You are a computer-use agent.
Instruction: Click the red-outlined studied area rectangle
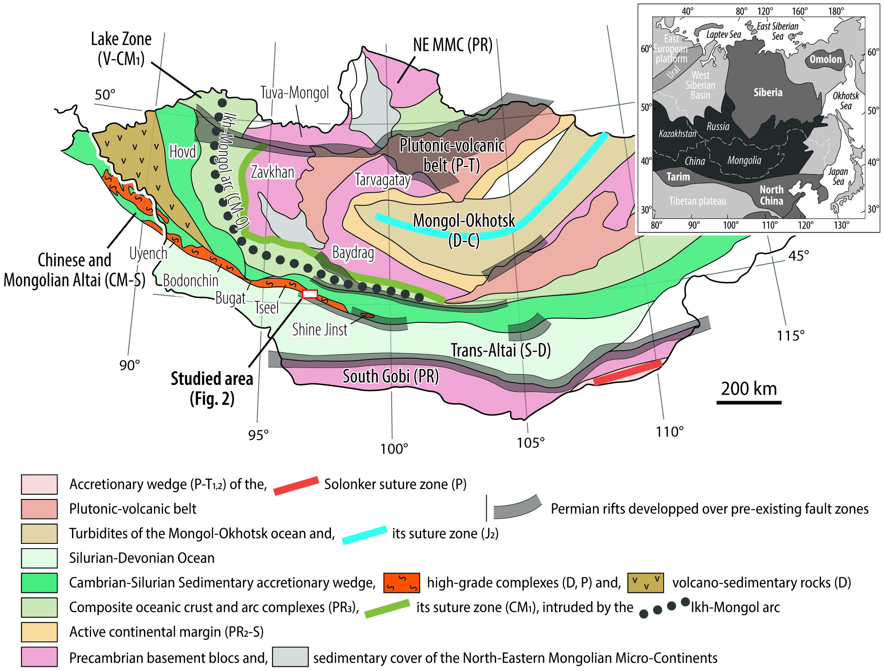pyautogui.click(x=310, y=294)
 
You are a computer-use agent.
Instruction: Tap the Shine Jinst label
pyautogui.click(x=320, y=330)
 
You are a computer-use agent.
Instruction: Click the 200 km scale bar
pyautogui.click(x=749, y=402)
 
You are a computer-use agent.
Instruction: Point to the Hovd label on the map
pyautogui.click(x=183, y=152)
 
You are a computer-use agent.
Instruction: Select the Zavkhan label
pyautogui.click(x=272, y=172)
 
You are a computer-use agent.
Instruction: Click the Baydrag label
pyautogui.click(x=353, y=252)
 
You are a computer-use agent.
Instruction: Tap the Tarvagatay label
pyautogui.click(x=383, y=179)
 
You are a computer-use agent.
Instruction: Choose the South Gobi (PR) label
pyautogui.click(x=390, y=376)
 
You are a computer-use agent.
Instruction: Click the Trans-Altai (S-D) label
pyautogui.click(x=501, y=350)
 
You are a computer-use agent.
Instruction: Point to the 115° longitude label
pyautogui.click(x=790, y=335)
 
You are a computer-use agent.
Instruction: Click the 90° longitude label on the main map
pyautogui.click(x=130, y=365)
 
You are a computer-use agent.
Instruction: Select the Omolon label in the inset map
pyautogui.click(x=825, y=59)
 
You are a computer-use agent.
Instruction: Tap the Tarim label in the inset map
pyautogui.click(x=678, y=177)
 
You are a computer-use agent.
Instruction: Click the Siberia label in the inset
pyautogui.click(x=768, y=92)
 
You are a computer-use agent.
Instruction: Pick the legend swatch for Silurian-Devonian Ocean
pyautogui.click(x=39, y=558)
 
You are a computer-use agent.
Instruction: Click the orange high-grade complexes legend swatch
pyautogui.click(x=401, y=583)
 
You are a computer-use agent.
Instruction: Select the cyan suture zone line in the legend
pyautogui.click(x=364, y=535)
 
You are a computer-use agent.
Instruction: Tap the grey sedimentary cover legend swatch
pyautogui.click(x=290, y=657)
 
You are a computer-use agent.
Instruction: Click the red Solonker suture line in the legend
pyautogui.click(x=296, y=486)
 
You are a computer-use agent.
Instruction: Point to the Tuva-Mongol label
pyautogui.click(x=295, y=93)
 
